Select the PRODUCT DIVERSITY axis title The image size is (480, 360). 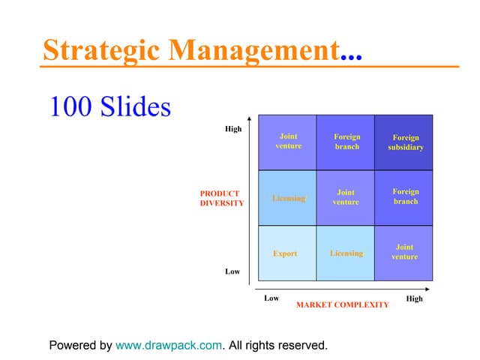[221, 198]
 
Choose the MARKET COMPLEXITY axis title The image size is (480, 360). [342, 304]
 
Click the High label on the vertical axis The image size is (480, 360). [233, 129]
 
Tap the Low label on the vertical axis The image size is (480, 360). [232, 271]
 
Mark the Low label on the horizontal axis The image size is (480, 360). [271, 298]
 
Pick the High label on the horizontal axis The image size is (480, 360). [414, 298]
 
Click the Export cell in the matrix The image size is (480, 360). [285, 253]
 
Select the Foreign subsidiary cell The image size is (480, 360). [405, 142]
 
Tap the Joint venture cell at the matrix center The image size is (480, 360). [346, 197]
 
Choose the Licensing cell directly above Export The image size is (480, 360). [288, 199]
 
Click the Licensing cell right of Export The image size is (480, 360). [346, 253]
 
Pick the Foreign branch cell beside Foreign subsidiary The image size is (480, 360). [346, 142]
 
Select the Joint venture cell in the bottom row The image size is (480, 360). [404, 252]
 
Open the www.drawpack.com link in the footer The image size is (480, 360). [169, 346]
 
